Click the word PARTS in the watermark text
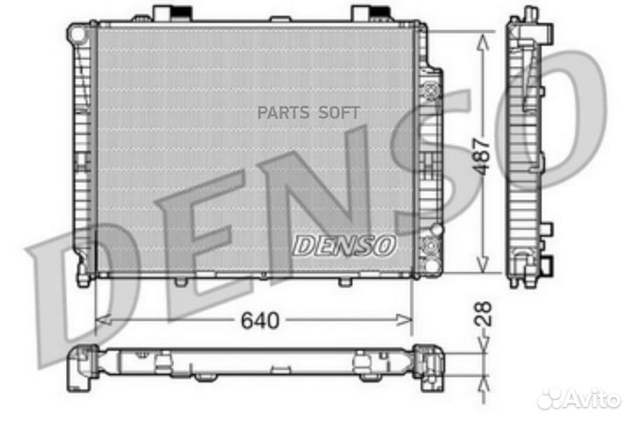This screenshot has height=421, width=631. tap(282, 112)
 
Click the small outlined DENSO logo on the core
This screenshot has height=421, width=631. tap(344, 246)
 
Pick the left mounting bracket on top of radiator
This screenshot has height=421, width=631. tap(171, 13)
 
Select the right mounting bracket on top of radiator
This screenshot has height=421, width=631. tap(370, 13)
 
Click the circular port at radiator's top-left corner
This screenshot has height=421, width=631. tap(79, 33)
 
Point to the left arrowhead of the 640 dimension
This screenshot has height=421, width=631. tap(99, 321)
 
